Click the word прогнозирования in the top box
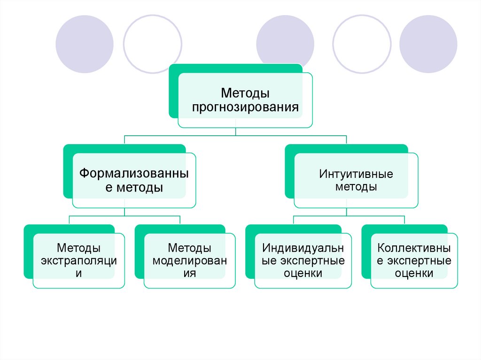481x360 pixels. point(245,107)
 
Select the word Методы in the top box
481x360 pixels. point(245,93)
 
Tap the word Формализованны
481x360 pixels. point(134,174)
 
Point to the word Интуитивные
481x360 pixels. point(356,174)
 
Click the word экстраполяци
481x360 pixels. point(79,260)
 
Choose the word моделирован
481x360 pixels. point(190,260)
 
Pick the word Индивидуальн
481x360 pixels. point(303,247)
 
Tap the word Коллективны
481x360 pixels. point(414,247)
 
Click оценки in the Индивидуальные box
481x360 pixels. point(303,273)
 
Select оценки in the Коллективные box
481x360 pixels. point(414,273)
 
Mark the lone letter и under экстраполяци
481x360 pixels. point(78,273)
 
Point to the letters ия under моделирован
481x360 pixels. point(190,273)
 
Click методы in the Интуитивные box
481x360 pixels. point(356,187)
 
